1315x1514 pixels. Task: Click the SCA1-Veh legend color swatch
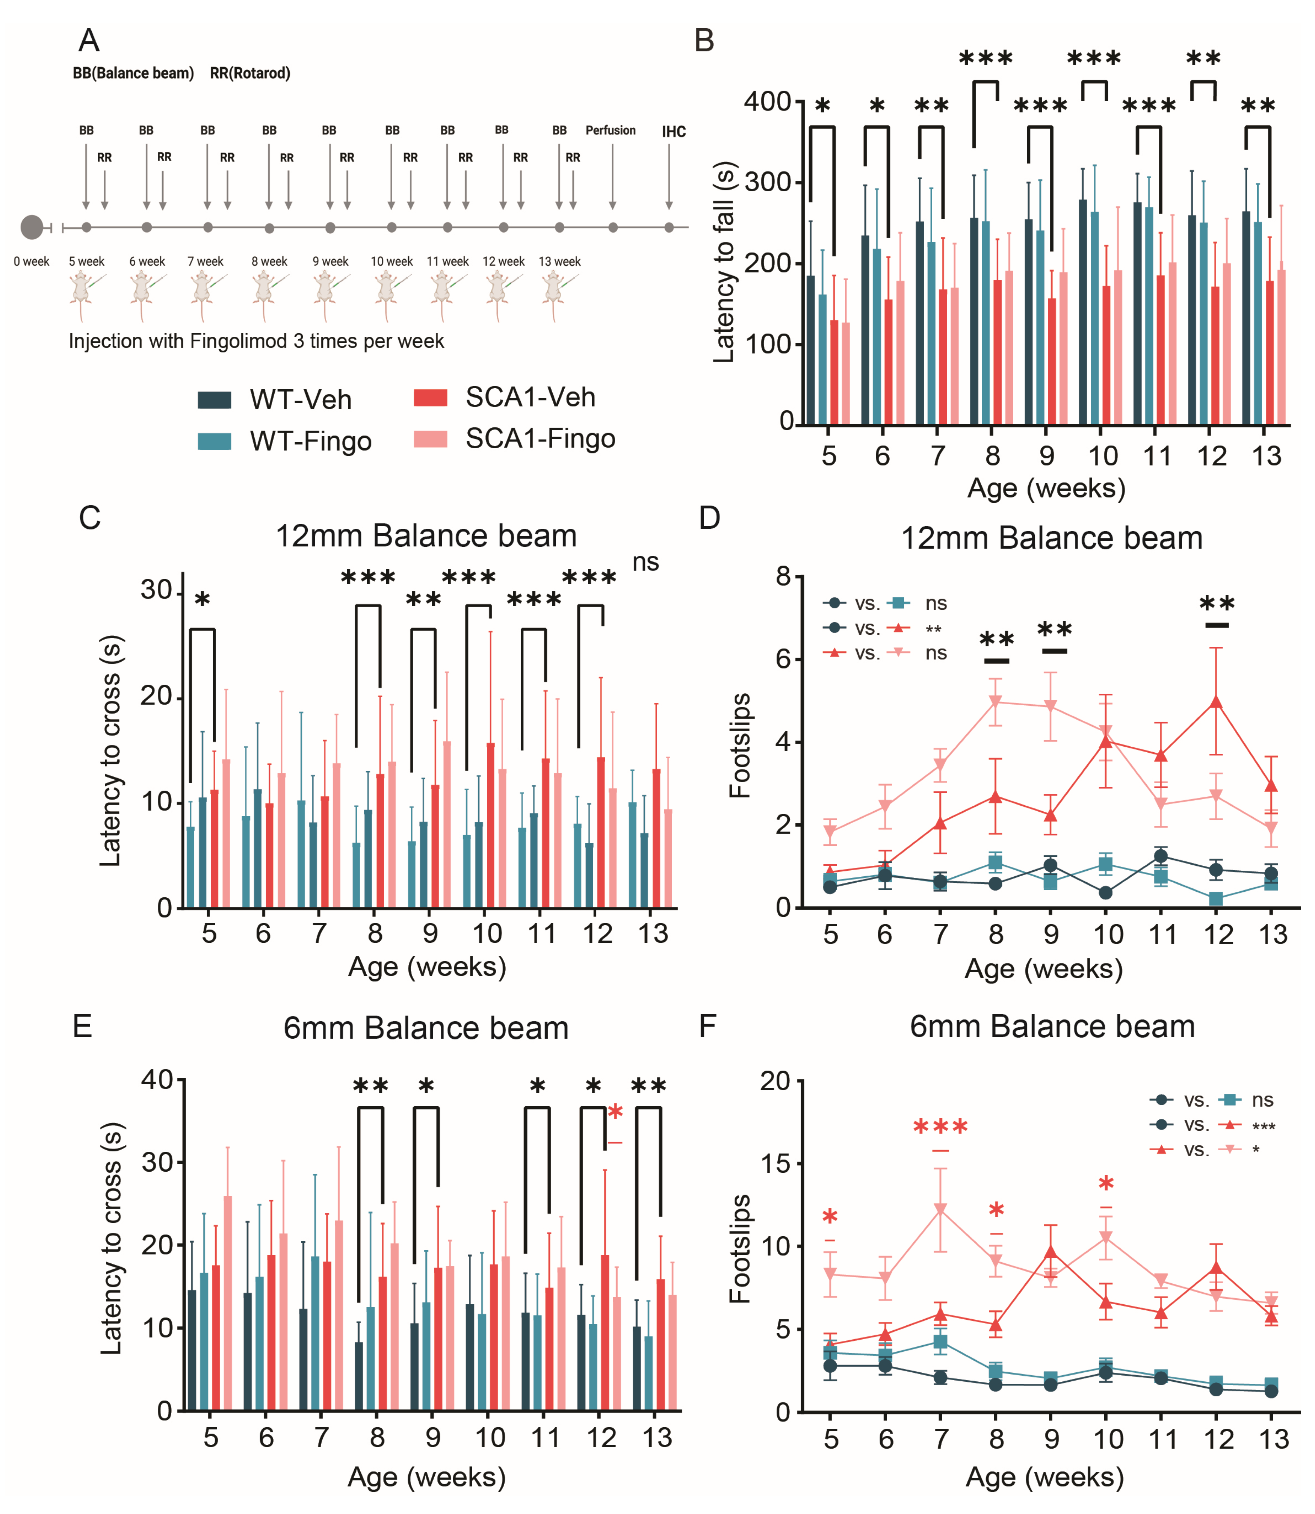point(430,398)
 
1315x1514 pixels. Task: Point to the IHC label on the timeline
point(674,132)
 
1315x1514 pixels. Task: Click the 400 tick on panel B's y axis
point(767,101)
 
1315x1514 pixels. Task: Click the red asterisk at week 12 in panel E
point(615,1113)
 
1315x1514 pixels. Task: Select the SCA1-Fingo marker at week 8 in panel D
point(996,702)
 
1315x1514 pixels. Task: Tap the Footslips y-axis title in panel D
point(740,745)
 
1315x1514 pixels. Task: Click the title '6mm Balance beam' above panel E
point(426,1028)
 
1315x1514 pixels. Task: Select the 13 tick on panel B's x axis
point(1266,456)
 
